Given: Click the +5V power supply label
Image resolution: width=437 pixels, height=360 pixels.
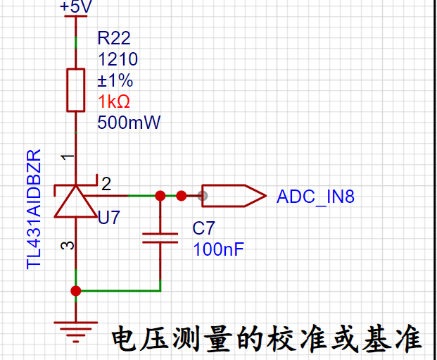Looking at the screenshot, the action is [x=75, y=6].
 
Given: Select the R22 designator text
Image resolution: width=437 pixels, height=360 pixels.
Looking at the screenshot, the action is [x=114, y=38].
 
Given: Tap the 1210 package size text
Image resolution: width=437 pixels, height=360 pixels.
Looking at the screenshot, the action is [x=118, y=59].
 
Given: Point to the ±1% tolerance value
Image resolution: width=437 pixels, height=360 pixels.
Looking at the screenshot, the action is [x=115, y=80].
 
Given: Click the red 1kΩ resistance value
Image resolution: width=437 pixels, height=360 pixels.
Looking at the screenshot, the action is [x=114, y=101].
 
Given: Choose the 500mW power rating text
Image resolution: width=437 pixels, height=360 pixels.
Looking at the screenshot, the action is [x=129, y=123].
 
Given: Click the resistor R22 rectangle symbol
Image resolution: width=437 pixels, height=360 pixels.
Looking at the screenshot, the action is [x=76, y=90].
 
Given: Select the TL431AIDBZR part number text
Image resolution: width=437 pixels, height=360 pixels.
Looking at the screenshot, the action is [x=34, y=209].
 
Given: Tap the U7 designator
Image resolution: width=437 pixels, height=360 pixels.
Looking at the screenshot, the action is [x=109, y=218].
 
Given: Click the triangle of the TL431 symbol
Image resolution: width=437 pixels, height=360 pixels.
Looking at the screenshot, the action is [x=75, y=201].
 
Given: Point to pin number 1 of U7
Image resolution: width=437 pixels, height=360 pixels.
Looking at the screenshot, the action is [x=68, y=158].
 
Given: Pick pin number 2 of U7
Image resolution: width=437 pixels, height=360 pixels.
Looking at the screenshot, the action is [x=106, y=184].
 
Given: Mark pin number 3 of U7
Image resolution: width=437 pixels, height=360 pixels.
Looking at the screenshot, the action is [x=68, y=246].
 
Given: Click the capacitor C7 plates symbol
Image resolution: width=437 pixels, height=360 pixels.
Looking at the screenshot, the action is [x=160, y=238].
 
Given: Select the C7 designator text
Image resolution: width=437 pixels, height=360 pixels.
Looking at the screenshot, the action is [x=204, y=228].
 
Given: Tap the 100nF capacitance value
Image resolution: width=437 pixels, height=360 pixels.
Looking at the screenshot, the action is [x=218, y=249].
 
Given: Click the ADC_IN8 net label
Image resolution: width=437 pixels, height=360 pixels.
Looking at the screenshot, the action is [x=315, y=197].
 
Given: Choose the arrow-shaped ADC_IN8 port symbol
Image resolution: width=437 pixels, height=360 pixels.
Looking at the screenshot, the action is [x=234, y=196].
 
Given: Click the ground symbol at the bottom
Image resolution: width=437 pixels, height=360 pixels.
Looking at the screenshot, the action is [x=76, y=332].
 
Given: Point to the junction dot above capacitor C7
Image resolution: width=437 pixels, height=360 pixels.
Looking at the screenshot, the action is [x=160, y=196].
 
